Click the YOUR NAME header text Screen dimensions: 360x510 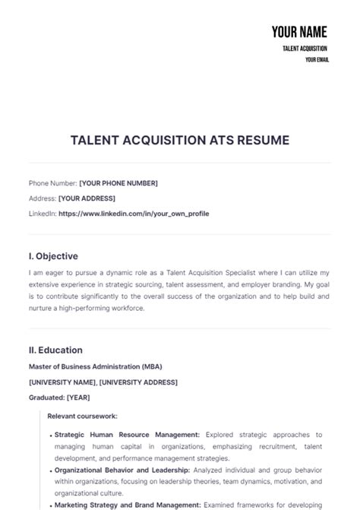(299, 32)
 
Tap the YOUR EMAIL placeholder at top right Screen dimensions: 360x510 (317, 59)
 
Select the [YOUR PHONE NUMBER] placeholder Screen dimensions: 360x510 (118, 183)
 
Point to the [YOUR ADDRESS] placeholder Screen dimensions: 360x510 (86, 198)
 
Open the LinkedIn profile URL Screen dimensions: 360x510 (134, 214)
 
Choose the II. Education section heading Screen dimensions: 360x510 (55, 350)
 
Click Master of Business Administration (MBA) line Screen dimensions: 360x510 (95, 366)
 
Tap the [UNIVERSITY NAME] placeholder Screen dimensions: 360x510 (62, 382)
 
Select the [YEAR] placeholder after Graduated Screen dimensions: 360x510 (80, 397)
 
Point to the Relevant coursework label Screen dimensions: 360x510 (82, 417)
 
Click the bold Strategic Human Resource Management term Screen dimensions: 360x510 (127, 435)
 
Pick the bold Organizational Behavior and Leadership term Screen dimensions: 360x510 (121, 470)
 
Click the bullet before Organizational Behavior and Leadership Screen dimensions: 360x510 (51, 470)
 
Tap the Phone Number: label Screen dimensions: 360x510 (52, 183)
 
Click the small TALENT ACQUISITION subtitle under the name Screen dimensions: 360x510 (305, 48)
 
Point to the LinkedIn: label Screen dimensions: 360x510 (42, 214)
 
